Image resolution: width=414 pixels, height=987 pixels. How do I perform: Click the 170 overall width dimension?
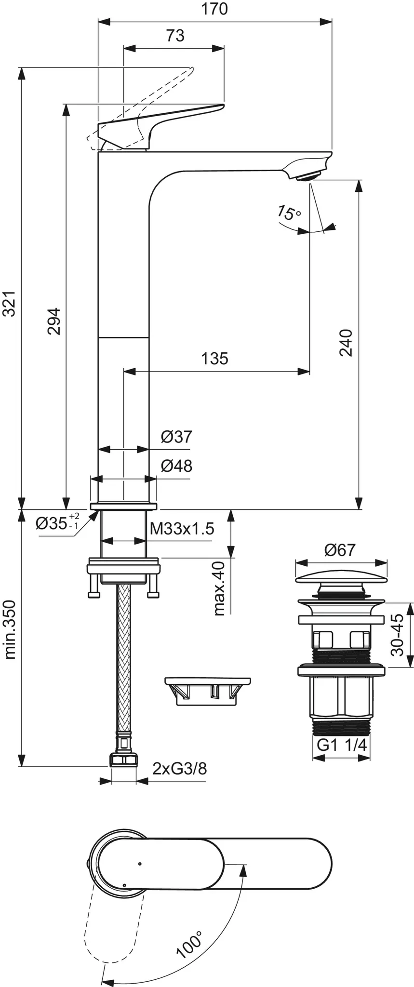tap(215, 9)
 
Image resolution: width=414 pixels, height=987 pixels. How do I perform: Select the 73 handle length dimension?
tap(175, 35)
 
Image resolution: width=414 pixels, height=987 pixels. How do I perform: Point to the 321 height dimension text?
tap(10, 304)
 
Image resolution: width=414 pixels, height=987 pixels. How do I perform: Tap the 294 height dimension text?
tap(54, 321)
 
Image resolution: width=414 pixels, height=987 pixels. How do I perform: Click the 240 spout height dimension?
tap(346, 342)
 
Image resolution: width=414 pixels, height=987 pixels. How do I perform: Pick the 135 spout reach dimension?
tap(214, 359)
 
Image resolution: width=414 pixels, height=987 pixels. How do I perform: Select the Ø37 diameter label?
tap(176, 437)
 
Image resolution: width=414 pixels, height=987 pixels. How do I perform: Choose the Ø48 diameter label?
tap(176, 466)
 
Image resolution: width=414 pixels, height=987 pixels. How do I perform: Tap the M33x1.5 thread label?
tap(182, 529)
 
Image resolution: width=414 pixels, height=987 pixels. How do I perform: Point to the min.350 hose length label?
tap(10, 629)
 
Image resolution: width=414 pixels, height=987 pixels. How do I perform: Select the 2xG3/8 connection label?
tap(179, 768)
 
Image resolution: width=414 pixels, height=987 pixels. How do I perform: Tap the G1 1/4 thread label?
tap(342, 745)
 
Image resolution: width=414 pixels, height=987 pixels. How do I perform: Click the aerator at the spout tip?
tap(308, 176)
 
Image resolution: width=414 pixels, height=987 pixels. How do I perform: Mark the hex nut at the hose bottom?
tap(123, 760)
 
